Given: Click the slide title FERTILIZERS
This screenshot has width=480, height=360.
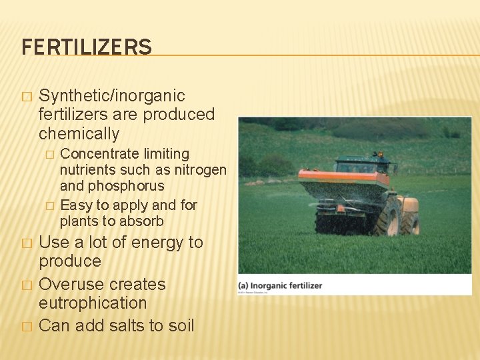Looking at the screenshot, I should click(87, 47).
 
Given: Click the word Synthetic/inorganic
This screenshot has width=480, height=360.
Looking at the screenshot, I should click(112, 96).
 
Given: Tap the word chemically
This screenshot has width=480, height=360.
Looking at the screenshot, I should click(79, 133).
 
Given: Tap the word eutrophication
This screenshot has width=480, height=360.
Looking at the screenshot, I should click(93, 303).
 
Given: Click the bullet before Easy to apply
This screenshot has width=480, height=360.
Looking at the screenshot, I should click(48, 205).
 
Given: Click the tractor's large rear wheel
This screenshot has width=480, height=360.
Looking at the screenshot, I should click(387, 217).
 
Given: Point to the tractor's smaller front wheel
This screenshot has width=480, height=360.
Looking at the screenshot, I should click(411, 223).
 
